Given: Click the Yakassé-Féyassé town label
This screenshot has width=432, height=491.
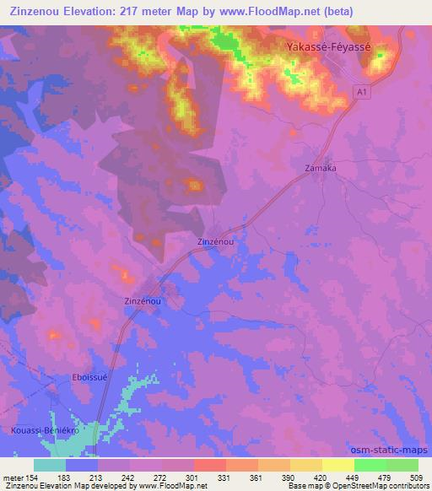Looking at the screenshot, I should (x=329, y=48).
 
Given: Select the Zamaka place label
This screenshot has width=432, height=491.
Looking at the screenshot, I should (x=321, y=168).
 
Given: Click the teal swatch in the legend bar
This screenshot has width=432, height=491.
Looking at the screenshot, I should (x=50, y=465).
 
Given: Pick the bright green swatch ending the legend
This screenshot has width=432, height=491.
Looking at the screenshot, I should (x=402, y=465).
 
